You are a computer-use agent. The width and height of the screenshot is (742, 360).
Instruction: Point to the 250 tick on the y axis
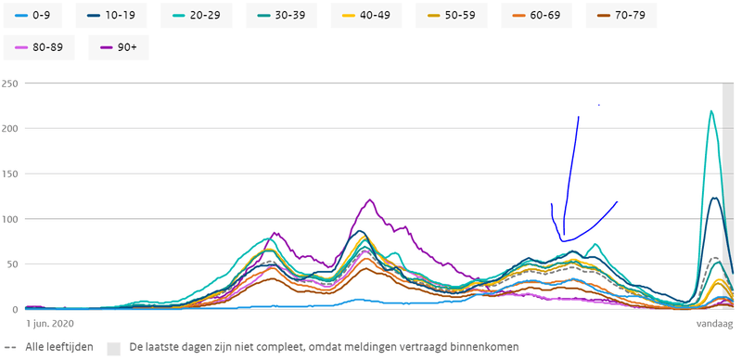tap(10, 84)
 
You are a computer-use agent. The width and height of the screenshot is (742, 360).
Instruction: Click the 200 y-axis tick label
tap(10, 129)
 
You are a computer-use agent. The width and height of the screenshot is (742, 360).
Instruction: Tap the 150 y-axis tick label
tap(10, 174)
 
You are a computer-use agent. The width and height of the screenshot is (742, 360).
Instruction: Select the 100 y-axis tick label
tap(10, 220)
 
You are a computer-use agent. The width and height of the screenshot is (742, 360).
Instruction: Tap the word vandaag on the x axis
tap(714, 324)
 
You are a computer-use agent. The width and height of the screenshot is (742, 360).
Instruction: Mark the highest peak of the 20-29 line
tap(710, 111)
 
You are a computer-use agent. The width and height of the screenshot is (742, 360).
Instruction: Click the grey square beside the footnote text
tap(115, 347)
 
